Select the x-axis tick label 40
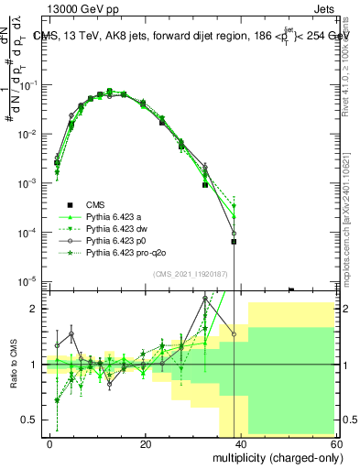(x=241, y=443)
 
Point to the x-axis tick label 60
(x=335, y=443)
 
